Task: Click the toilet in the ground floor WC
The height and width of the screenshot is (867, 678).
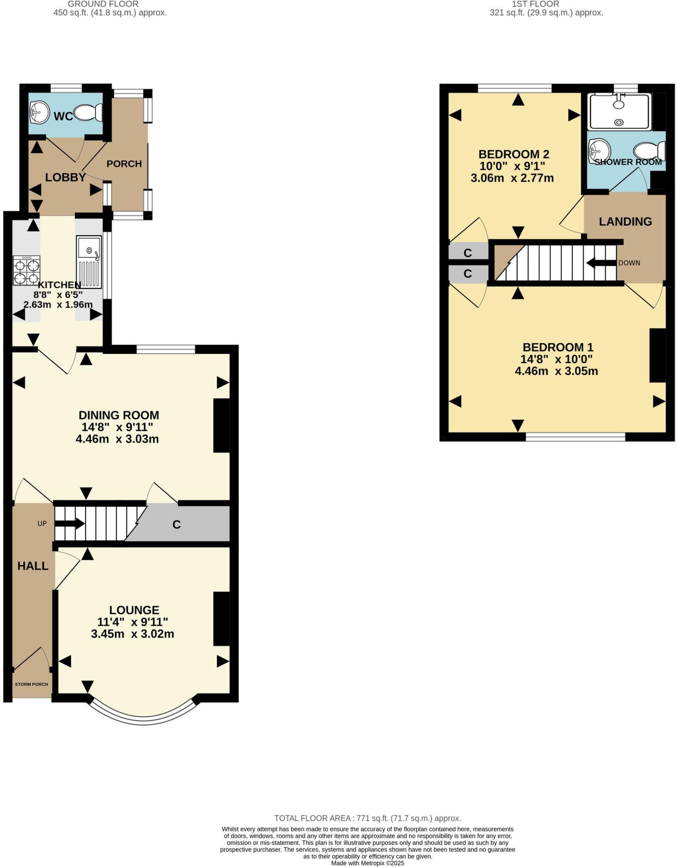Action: click(89, 113)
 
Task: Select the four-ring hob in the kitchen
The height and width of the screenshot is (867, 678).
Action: click(26, 271)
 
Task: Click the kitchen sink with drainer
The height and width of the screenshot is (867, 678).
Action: click(89, 262)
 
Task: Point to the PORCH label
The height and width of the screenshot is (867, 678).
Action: click(124, 164)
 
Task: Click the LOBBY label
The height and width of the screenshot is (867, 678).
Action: click(65, 177)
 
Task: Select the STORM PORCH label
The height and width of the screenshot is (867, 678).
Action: click(31, 684)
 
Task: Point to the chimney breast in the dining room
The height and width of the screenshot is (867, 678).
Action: click(221, 425)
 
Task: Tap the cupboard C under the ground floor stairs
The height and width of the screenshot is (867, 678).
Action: click(177, 525)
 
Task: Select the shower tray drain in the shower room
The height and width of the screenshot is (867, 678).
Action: click(619, 122)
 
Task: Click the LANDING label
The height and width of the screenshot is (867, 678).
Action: click(625, 221)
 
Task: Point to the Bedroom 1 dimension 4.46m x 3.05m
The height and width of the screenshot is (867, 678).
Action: click(556, 371)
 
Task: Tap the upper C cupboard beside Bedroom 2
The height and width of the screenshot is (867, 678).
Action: click(468, 253)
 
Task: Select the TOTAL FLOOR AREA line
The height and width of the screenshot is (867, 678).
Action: click(367, 818)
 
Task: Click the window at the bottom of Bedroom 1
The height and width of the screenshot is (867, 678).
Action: click(575, 436)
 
